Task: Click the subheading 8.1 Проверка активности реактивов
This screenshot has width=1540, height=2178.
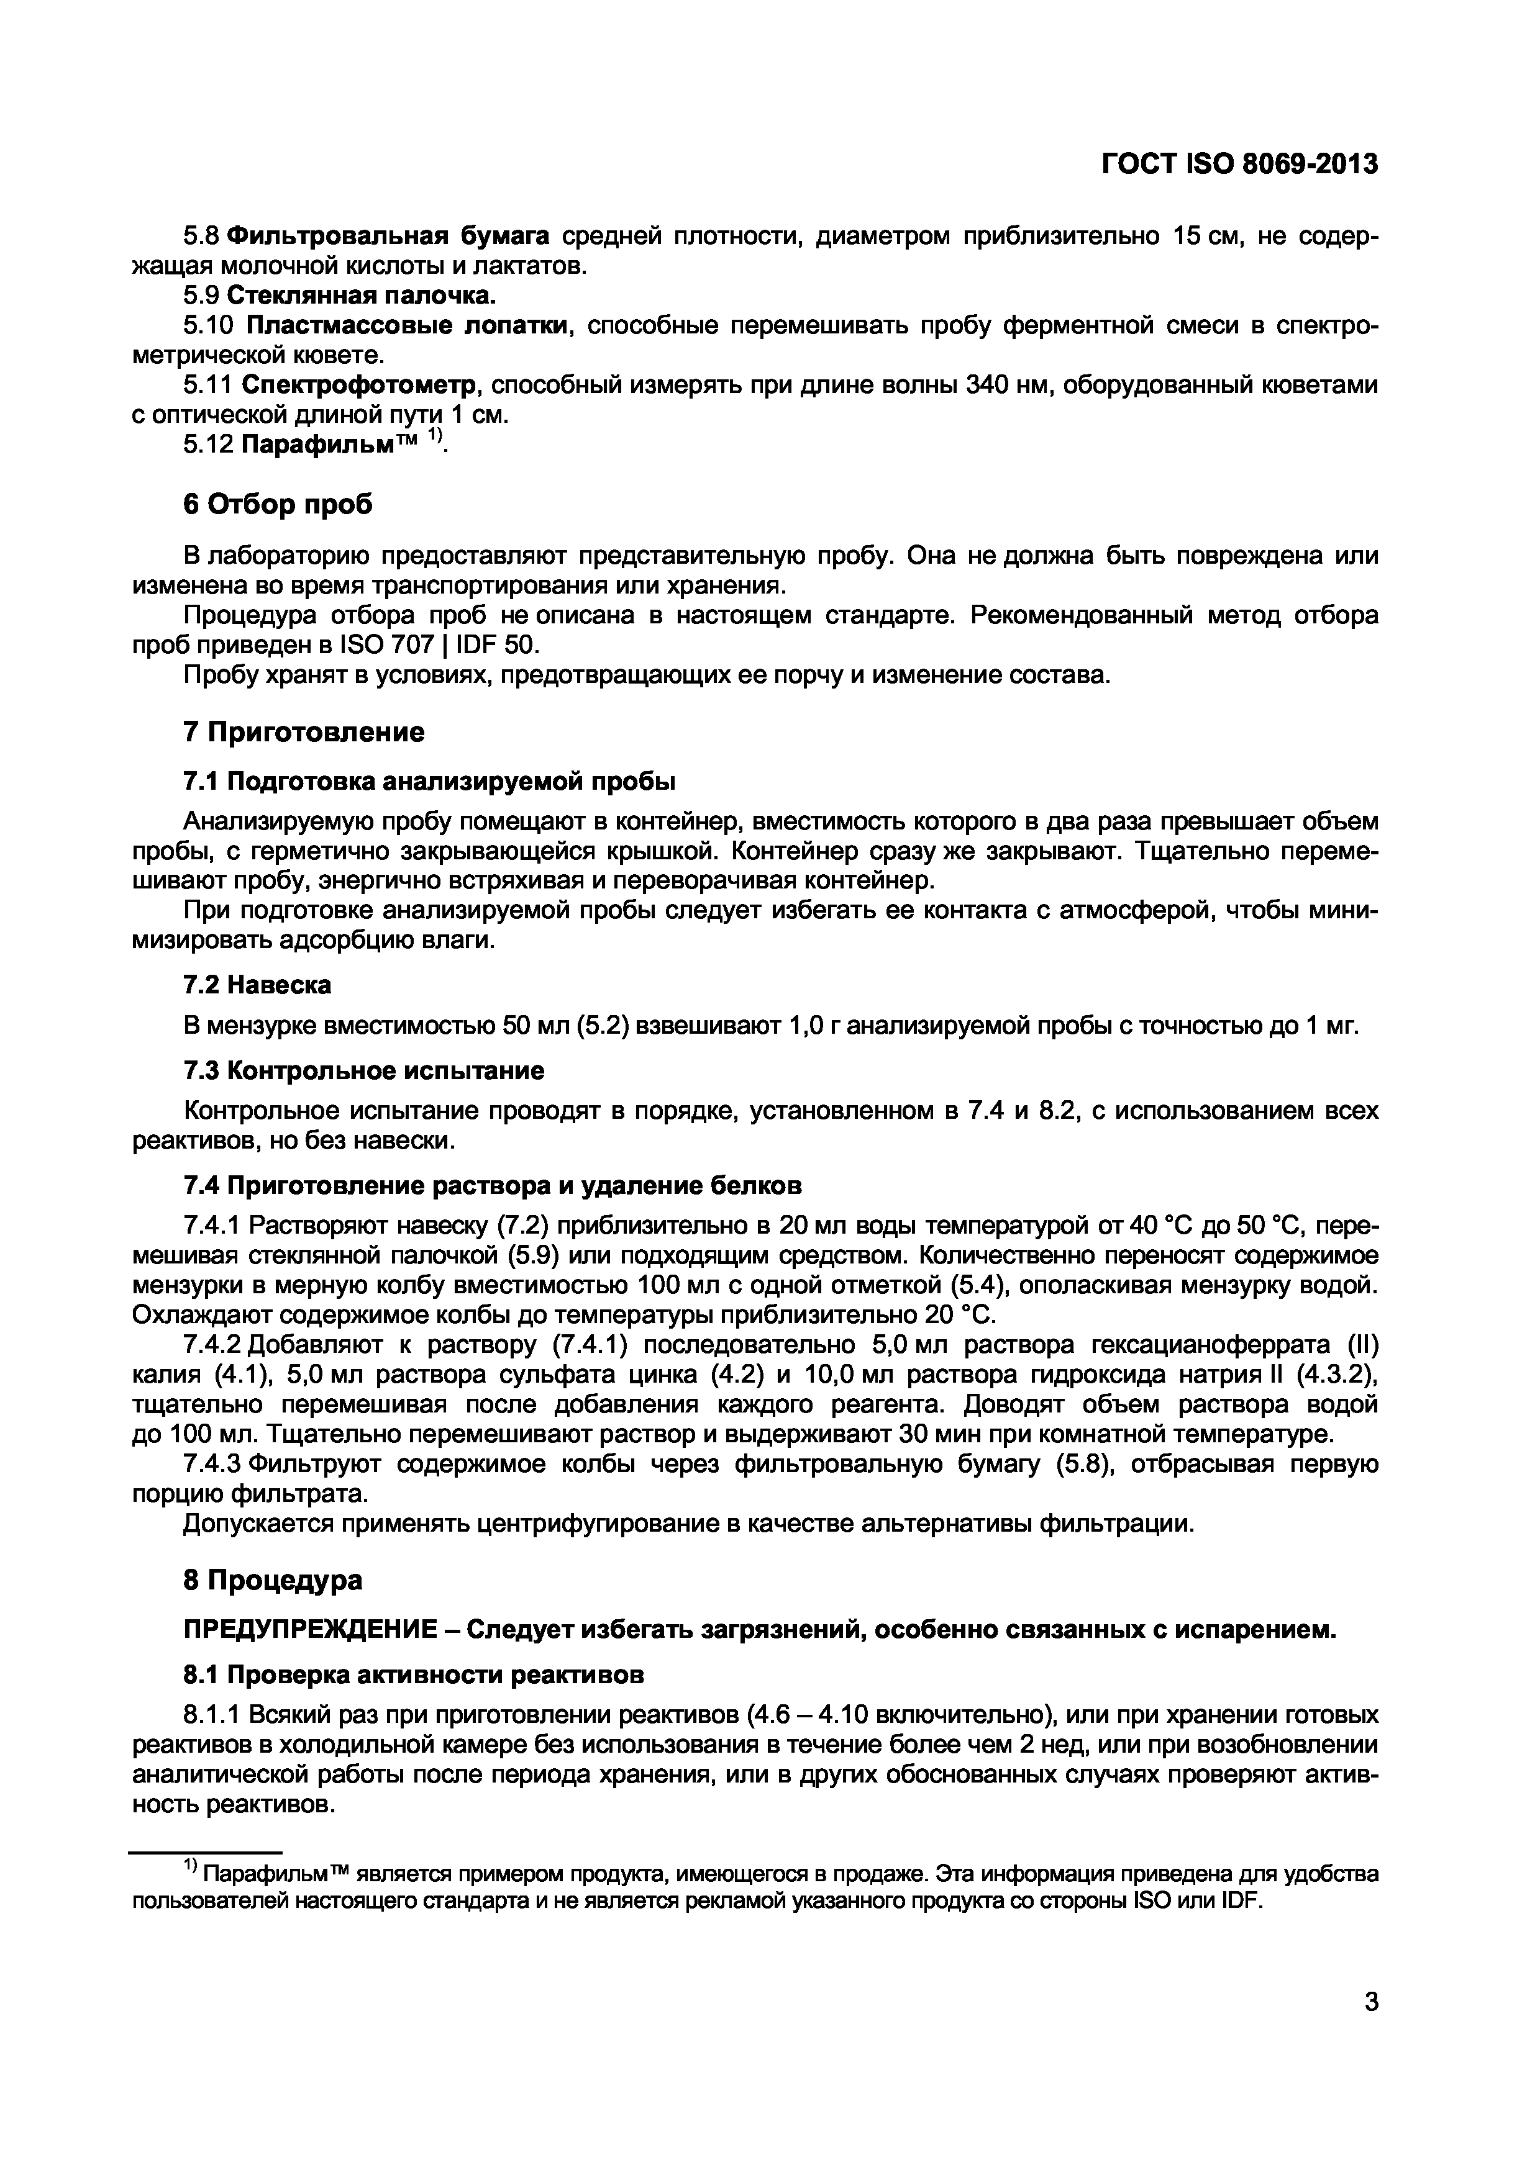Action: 412,1675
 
